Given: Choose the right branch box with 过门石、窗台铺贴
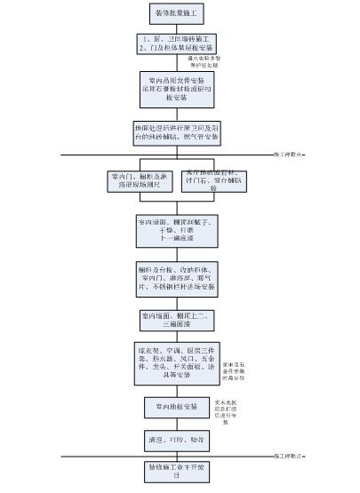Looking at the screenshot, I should click(x=213, y=181).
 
